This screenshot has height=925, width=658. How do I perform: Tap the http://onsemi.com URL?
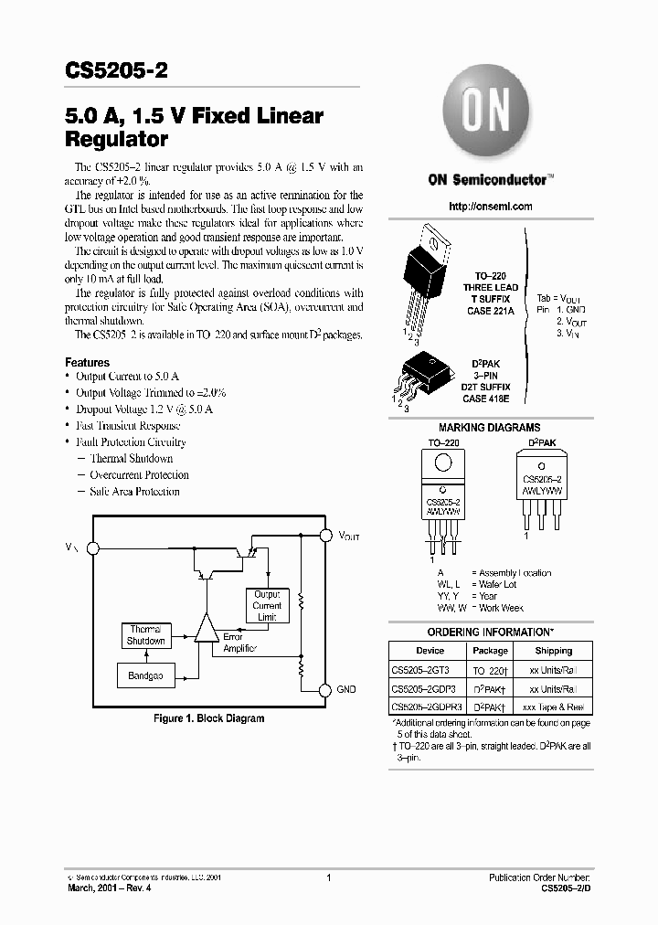pos(490,207)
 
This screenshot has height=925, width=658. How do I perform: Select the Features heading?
pos(87,363)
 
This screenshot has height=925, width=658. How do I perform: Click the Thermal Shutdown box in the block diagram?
pos(145,635)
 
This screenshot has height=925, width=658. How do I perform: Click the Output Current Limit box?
pos(267,606)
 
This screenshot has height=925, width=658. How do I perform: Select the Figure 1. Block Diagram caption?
pos(208,718)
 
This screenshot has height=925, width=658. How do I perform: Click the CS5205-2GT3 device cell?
pos(420,670)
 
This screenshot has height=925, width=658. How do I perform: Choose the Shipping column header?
pos(553,651)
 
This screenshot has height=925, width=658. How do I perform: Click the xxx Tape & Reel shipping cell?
pos(553,707)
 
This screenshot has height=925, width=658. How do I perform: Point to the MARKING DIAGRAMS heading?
pos(489,428)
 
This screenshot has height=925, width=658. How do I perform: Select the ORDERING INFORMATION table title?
pos(490,633)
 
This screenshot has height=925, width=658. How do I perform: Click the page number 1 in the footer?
pos(327,877)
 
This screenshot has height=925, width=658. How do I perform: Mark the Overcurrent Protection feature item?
pos(139,475)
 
